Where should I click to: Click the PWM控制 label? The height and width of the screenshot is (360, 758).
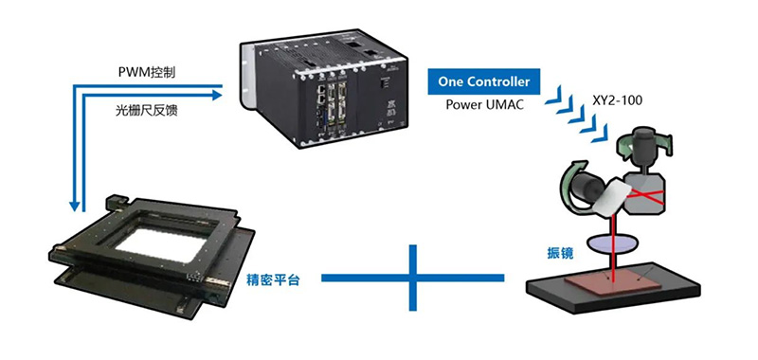147,73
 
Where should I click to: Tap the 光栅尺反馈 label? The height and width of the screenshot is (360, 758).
144,111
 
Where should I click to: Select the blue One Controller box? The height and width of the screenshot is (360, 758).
484,81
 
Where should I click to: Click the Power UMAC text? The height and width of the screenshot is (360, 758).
484,105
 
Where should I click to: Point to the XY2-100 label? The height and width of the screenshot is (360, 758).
618,101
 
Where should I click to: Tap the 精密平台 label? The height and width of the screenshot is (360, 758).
273,280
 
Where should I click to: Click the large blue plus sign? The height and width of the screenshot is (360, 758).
413,278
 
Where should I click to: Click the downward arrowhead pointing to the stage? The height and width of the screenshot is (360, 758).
75,207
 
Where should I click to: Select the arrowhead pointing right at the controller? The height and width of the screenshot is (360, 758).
216,95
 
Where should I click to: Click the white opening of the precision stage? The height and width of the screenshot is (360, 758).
159,244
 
